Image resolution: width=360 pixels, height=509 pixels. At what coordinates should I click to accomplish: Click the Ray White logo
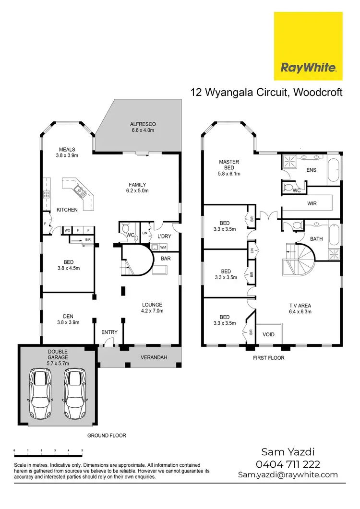[x=308, y=47]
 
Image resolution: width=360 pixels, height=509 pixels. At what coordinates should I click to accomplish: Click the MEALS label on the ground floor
[x=67, y=152]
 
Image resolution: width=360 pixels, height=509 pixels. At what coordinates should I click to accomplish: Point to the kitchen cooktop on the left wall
[x=47, y=195]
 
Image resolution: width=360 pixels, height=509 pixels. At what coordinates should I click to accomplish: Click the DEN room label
[x=67, y=319]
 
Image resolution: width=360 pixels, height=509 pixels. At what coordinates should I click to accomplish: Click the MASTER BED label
[x=229, y=165]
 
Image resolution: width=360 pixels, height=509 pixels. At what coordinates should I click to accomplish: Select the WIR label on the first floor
[x=312, y=203]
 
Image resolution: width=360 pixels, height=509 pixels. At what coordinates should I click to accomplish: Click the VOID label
[x=269, y=334]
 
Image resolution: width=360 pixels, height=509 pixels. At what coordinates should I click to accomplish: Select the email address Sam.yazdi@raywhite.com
[x=288, y=474]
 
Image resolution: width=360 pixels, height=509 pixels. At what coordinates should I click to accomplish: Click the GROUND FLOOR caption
[x=107, y=436]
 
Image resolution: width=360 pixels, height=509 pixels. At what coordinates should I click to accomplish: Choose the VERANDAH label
[x=154, y=358]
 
